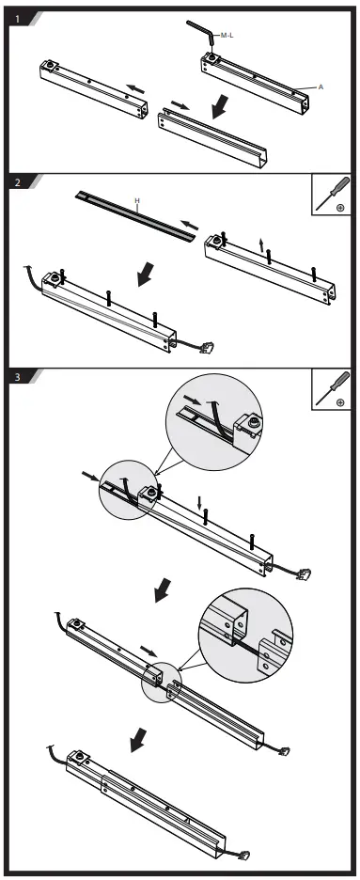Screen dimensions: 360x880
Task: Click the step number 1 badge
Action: tap(17, 19)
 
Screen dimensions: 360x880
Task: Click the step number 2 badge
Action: tap(17, 182)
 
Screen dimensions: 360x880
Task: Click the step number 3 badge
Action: tap(17, 377)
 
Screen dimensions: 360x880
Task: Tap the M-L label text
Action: tap(227, 36)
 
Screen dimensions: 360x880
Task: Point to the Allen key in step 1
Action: tap(201, 34)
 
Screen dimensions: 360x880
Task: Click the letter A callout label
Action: tap(321, 87)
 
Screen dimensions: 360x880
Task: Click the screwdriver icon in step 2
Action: tap(332, 195)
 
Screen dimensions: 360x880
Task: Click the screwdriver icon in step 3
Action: tap(332, 389)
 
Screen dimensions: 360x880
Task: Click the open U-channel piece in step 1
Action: tap(212, 135)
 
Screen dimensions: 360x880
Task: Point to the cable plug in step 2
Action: tap(206, 347)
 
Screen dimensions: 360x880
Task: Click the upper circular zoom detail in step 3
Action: tap(214, 422)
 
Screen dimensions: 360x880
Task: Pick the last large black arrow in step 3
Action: tap(138, 740)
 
